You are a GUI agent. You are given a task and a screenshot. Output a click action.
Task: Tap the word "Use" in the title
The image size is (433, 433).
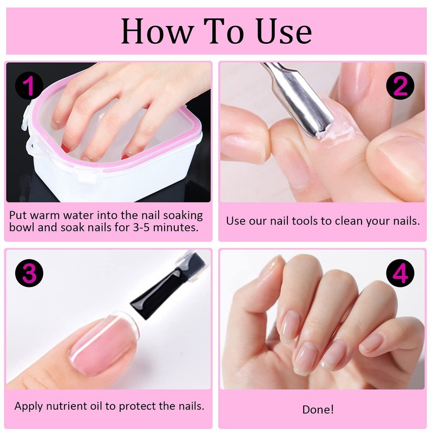pyautogui.click(x=285, y=31)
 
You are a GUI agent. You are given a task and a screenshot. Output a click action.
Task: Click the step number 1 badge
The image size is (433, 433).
pyautogui.click(x=29, y=86)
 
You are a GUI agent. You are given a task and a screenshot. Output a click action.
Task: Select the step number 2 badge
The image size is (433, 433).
pyautogui.click(x=400, y=86)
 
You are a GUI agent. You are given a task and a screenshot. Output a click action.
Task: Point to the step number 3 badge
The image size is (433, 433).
pyautogui.click(x=29, y=273)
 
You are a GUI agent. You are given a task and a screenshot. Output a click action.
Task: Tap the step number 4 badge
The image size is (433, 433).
pyautogui.click(x=400, y=273)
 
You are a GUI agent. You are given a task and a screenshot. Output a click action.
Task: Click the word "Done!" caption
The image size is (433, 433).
pyautogui.click(x=318, y=409)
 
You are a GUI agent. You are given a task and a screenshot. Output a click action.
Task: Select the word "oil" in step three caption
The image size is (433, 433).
pyautogui.click(x=96, y=406)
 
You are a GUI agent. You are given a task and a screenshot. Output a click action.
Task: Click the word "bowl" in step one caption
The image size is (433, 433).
pyautogui.click(x=22, y=227)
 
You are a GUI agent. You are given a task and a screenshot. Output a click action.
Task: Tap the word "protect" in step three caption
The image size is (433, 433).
pyautogui.click(x=137, y=406)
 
